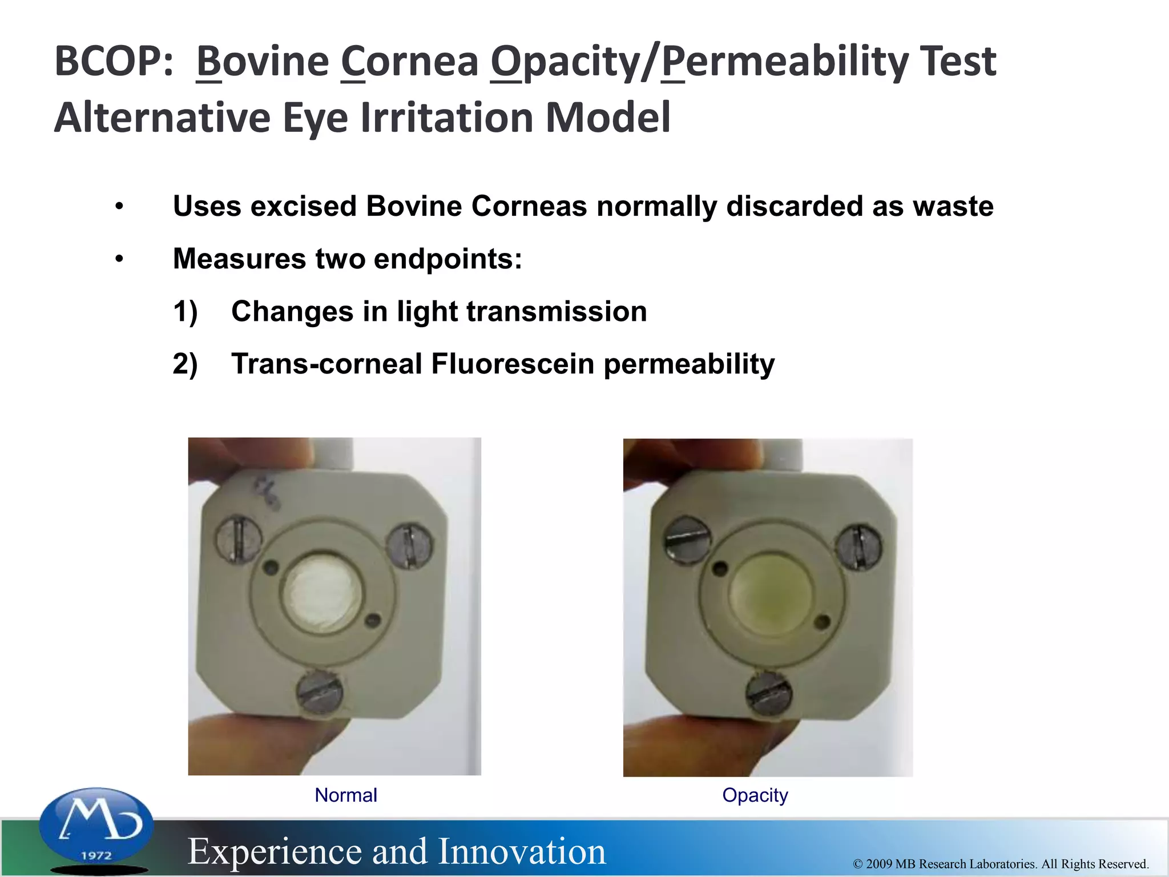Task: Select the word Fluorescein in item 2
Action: (x=512, y=364)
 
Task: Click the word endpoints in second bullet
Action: (x=448, y=259)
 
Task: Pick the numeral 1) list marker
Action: (x=185, y=312)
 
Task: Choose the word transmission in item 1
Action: (x=557, y=312)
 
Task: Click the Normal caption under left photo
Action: (x=346, y=795)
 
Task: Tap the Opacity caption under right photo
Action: (x=755, y=795)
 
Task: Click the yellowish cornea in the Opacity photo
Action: (x=770, y=594)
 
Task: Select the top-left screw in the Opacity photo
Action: (x=687, y=540)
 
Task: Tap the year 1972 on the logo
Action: (x=96, y=855)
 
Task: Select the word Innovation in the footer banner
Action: (x=522, y=851)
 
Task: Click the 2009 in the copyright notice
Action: (x=878, y=864)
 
